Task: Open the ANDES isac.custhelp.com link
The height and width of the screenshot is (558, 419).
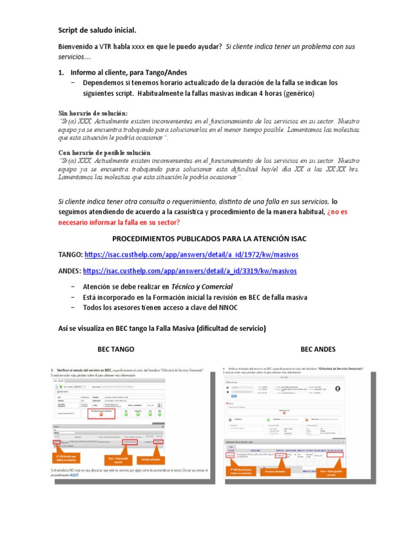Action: coord(189,270)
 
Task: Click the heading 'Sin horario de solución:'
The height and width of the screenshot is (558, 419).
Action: coord(93,113)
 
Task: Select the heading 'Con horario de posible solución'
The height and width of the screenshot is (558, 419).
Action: coord(104,153)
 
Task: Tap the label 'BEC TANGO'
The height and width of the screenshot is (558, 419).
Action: coord(116,349)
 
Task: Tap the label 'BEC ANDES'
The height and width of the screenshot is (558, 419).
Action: coord(318,349)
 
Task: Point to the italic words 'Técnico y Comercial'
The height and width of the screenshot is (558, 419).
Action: coord(202,287)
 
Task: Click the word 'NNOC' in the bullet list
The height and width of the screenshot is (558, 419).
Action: coord(228,308)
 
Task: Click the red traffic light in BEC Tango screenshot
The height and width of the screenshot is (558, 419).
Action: coord(101,414)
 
